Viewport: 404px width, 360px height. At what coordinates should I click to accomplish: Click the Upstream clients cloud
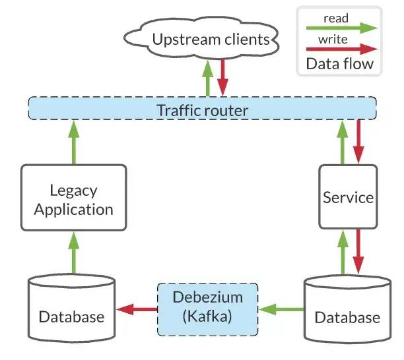(201, 39)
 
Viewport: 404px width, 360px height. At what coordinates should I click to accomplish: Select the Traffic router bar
(202, 108)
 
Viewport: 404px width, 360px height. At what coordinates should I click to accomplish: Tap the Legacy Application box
(74, 198)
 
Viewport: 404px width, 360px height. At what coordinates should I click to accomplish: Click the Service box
(348, 197)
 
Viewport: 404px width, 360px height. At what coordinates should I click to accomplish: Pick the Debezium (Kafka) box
(208, 310)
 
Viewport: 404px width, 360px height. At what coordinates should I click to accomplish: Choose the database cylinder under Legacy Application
(72, 309)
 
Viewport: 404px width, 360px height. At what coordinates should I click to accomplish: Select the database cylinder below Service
(348, 310)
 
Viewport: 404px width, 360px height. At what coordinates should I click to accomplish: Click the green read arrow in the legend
(342, 28)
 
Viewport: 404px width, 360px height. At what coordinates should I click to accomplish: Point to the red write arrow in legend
(342, 49)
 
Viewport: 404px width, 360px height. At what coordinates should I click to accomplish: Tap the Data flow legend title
(339, 63)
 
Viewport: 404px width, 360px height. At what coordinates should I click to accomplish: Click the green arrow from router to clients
(208, 78)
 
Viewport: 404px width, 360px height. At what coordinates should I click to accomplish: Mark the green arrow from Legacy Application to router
(74, 142)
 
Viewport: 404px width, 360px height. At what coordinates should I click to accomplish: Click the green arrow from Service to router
(343, 142)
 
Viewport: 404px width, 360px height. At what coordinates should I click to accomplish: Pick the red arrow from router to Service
(358, 142)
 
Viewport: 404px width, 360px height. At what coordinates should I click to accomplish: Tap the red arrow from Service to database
(358, 251)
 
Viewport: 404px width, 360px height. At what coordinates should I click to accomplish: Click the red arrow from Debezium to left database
(137, 309)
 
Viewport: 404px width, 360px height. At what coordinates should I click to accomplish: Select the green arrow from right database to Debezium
(282, 309)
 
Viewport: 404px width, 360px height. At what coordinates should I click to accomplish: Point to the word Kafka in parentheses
(207, 316)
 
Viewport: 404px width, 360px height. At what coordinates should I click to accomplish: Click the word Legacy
(73, 191)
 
